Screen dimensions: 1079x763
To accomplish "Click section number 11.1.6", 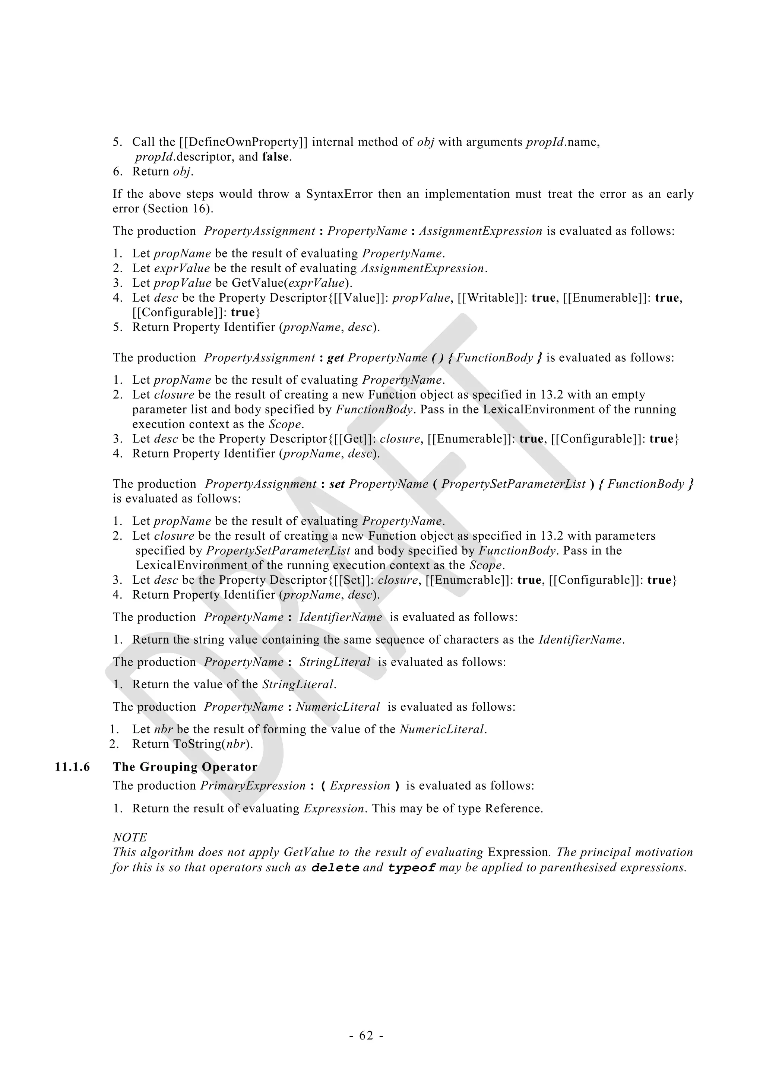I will (x=72, y=767).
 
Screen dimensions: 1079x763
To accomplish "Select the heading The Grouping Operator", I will (x=185, y=767).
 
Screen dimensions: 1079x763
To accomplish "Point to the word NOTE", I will (x=130, y=837).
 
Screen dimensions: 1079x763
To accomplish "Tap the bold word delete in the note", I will (x=336, y=867).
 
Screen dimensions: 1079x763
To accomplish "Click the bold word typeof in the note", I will (x=412, y=867).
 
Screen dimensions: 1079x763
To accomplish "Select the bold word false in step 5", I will (x=275, y=157).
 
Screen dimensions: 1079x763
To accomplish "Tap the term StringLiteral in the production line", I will (x=335, y=662).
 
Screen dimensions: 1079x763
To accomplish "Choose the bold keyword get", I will (x=336, y=358).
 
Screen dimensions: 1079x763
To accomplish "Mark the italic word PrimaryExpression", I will (x=253, y=786).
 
